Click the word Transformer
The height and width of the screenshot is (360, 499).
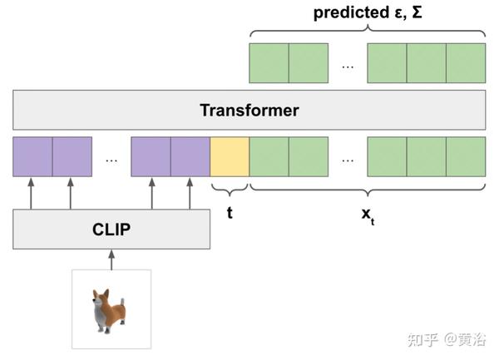pos(249,110)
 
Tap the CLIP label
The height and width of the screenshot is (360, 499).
pos(111,229)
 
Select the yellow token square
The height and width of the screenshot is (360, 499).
pos(230,156)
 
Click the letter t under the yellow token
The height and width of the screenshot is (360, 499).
pos(230,212)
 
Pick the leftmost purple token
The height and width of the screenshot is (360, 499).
pos(32,156)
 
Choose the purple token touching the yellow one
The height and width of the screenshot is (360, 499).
pos(190,156)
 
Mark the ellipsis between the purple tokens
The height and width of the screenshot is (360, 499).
pos(111,158)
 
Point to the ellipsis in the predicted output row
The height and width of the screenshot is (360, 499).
pos(348,65)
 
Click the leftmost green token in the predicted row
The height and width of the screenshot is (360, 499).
pos(269,63)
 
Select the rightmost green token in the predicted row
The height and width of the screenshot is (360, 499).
pos(466,63)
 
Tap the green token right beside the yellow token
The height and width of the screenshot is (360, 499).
pos(269,156)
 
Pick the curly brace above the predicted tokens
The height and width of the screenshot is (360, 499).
pos(367,32)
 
